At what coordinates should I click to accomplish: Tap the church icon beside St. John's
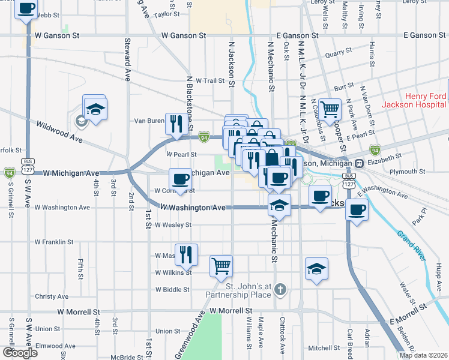279,290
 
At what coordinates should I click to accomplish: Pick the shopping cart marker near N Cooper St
330,110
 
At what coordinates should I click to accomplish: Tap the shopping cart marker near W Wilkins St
221,266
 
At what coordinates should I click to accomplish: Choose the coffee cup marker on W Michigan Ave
181,179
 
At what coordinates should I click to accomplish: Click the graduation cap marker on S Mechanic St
279,206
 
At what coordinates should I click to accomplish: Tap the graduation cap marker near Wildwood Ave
95,109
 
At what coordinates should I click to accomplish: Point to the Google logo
20,353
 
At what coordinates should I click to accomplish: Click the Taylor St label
166,14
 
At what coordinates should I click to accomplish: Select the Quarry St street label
338,54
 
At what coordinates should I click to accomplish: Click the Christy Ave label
52,296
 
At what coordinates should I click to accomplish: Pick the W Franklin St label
54,242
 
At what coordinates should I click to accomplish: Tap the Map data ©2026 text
423,355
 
